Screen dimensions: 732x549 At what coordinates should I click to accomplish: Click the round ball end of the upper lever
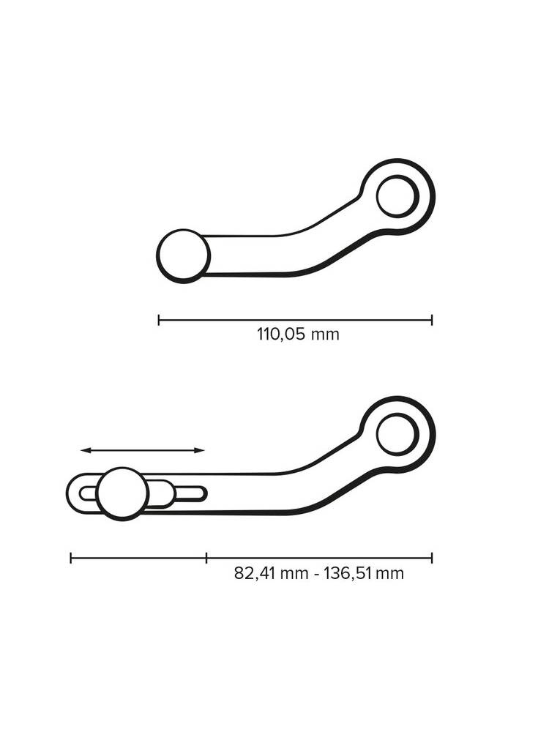coord(183,255)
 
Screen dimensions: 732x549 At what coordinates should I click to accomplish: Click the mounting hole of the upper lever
coord(397,196)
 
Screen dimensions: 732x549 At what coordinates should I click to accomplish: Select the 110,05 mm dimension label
coord(298,335)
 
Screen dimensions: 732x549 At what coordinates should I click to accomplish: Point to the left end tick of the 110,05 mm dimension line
coord(159,320)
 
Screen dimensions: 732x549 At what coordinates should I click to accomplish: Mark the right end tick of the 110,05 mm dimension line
coord(432,320)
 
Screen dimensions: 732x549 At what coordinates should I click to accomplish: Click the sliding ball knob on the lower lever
coord(123,493)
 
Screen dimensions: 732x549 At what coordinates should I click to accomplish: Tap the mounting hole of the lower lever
coord(397,433)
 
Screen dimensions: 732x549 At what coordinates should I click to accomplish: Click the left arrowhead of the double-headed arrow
coord(83,450)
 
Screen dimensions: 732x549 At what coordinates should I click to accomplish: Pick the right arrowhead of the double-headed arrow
coord(201,450)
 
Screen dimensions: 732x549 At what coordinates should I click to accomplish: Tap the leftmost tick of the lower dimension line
coord(71,558)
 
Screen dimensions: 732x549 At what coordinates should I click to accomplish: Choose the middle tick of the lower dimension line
coord(206,558)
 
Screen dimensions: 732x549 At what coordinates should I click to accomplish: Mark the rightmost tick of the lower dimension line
coord(432,558)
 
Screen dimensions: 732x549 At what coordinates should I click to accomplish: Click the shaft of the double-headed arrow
coord(143,450)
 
